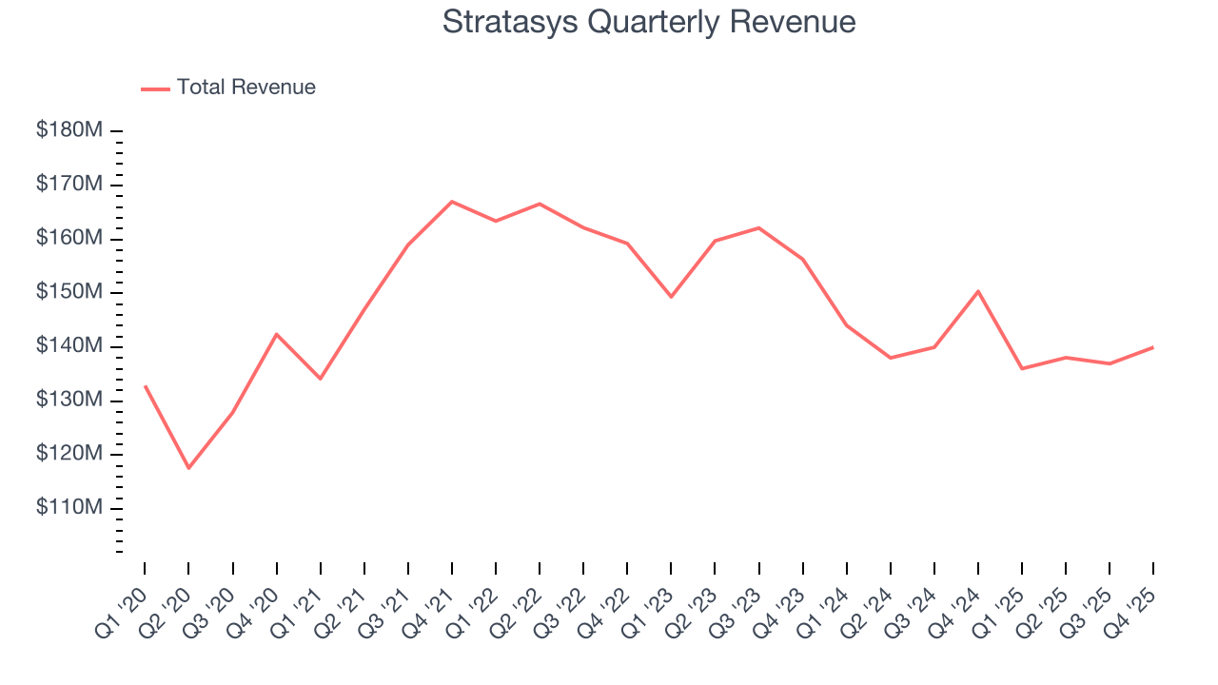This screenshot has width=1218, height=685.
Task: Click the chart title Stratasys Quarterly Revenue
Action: (649, 23)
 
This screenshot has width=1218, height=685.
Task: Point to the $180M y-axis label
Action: (69, 130)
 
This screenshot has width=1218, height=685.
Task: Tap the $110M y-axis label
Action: (69, 508)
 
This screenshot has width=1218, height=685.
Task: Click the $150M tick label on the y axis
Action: (69, 292)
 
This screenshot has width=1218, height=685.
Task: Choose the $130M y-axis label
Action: (69, 400)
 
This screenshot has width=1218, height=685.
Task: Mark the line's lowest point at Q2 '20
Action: (188, 468)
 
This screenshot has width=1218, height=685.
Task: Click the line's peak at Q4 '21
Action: (452, 202)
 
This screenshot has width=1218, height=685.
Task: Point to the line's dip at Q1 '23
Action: (671, 297)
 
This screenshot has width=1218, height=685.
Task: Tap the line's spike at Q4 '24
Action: (978, 291)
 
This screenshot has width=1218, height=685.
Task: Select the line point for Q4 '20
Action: (276, 334)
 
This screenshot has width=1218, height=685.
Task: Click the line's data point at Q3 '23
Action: (758, 227)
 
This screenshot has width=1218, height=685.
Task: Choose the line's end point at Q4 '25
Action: (1153, 347)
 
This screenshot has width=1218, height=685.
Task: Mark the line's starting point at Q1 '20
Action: (145, 386)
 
